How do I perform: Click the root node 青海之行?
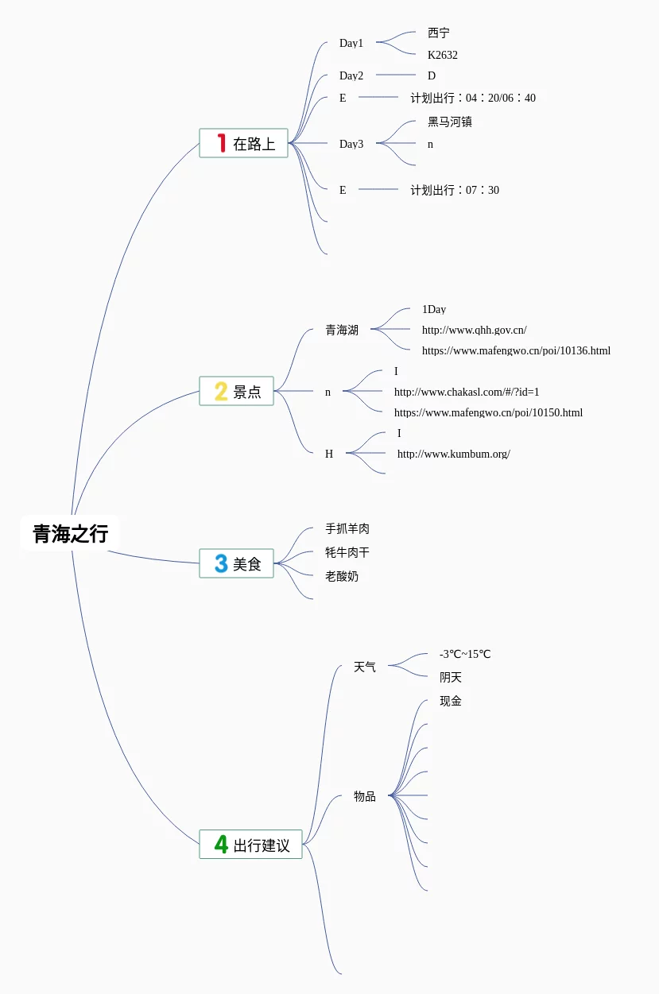pyautogui.click(x=70, y=533)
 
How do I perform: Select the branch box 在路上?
pyautogui.click(x=243, y=143)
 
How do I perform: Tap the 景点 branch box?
pyautogui.click(x=236, y=391)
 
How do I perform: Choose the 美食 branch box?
pyautogui.click(x=236, y=563)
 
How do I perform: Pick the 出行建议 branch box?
pyautogui.click(x=250, y=844)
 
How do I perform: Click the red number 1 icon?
pyautogui.click(x=222, y=143)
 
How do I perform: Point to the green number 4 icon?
pyautogui.click(x=221, y=844)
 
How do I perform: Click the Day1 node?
pyautogui.click(x=351, y=43)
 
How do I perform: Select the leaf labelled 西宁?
pyautogui.click(x=438, y=33)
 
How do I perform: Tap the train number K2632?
pyautogui.click(x=443, y=55)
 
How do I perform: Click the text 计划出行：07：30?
pyautogui.click(x=455, y=190)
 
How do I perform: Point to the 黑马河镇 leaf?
pyautogui.click(x=450, y=122)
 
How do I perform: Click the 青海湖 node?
pyautogui.click(x=342, y=330)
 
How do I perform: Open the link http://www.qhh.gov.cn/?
pyautogui.click(x=474, y=330)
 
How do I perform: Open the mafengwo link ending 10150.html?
pyautogui.click(x=488, y=412)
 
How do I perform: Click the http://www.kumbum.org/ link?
pyautogui.click(x=453, y=454)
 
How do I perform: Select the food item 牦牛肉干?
pyautogui.click(x=347, y=552)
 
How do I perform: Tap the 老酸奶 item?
pyautogui.click(x=342, y=576)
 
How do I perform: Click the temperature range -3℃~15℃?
pyautogui.click(x=465, y=654)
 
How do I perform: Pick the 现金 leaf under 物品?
pyautogui.click(x=451, y=701)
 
